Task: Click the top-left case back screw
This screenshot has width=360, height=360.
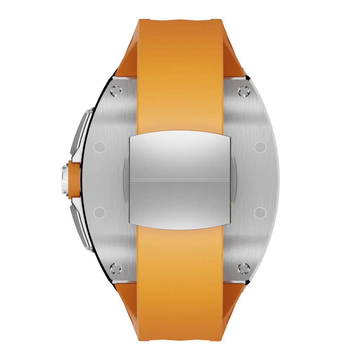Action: click(x=116, y=91)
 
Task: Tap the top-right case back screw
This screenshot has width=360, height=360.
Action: click(x=243, y=91)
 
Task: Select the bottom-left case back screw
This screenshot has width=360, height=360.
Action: click(x=116, y=269)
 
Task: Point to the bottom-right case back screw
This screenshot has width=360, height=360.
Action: click(x=243, y=269)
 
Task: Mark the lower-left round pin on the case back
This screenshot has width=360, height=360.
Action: click(x=100, y=212)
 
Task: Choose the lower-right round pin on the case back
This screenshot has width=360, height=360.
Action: click(x=259, y=212)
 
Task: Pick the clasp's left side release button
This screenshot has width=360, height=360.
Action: click(x=126, y=179)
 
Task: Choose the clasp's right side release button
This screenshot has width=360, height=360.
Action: click(x=233, y=179)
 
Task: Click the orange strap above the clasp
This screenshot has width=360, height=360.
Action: click(x=180, y=70)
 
